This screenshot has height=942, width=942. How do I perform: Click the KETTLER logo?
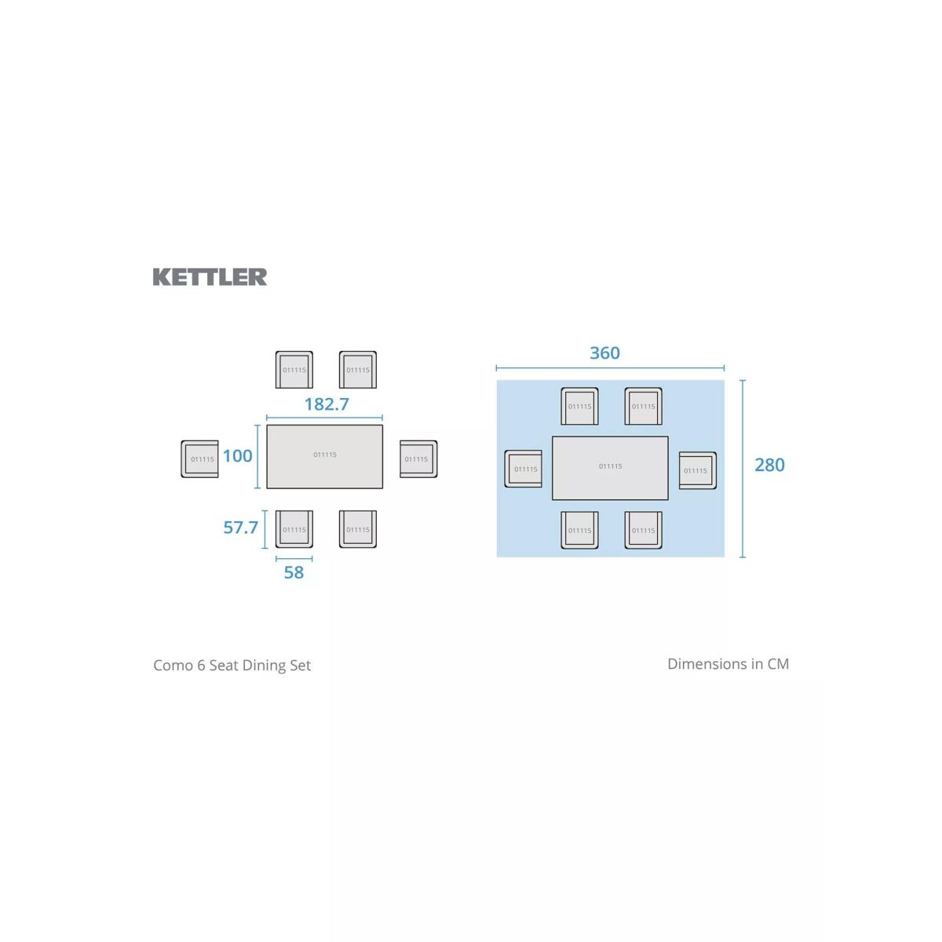tap(210, 276)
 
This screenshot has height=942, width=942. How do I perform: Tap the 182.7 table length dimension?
tap(327, 404)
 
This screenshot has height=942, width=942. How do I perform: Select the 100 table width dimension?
tap(238, 455)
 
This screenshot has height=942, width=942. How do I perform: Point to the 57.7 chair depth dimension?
tap(240, 527)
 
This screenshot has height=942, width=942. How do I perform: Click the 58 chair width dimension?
tap(294, 572)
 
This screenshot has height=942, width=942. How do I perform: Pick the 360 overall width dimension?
tap(604, 353)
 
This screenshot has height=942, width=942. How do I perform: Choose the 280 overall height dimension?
tap(769, 465)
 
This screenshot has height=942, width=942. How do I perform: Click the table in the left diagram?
tap(324, 457)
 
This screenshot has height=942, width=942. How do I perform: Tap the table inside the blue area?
tap(610, 469)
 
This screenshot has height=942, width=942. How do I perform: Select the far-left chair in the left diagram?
tap(200, 459)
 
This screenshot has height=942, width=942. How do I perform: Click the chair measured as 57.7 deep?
tap(294, 529)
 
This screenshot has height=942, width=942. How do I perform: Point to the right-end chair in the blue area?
tap(698, 471)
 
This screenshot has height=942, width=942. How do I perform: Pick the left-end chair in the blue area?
tap(523, 469)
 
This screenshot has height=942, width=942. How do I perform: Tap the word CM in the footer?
tap(778, 664)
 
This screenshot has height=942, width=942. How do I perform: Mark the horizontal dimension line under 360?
tap(610, 367)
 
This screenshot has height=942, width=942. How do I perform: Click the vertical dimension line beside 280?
tap(743, 469)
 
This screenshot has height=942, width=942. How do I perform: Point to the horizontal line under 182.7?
tap(324, 418)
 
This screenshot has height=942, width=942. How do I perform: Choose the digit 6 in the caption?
tap(202, 666)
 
